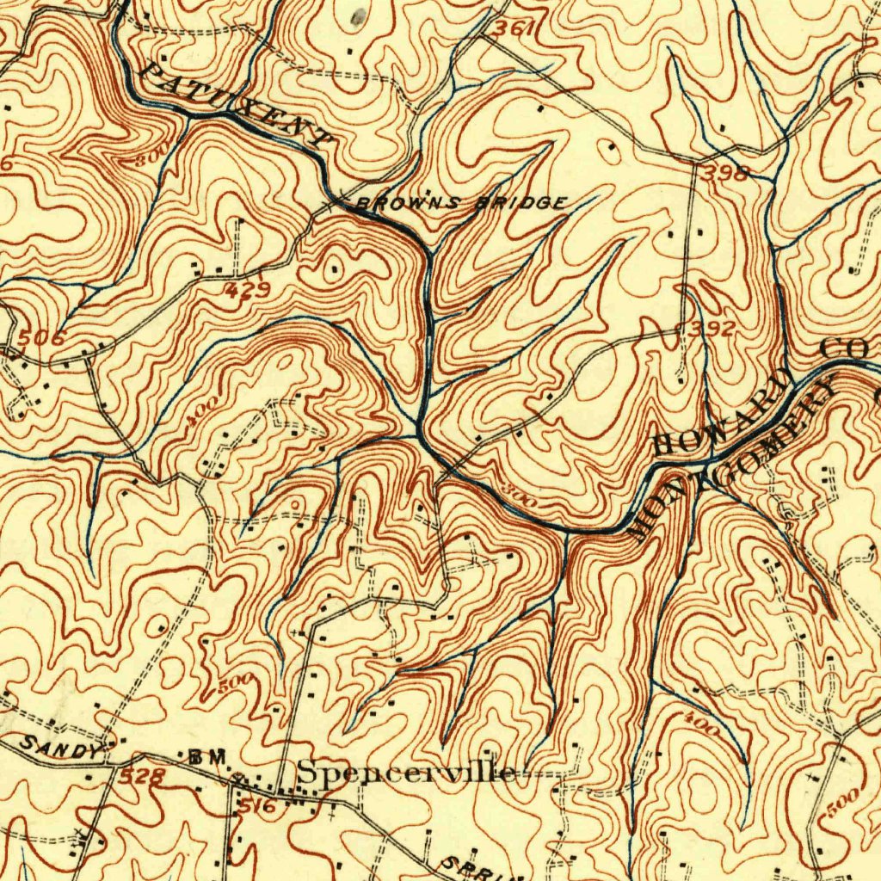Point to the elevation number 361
point(514,29)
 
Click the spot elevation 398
point(724,173)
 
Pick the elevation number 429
point(247,291)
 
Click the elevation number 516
point(256,806)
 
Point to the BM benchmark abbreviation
point(206,756)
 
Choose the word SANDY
point(61,748)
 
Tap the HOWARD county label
point(723,410)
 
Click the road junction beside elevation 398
point(695,160)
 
